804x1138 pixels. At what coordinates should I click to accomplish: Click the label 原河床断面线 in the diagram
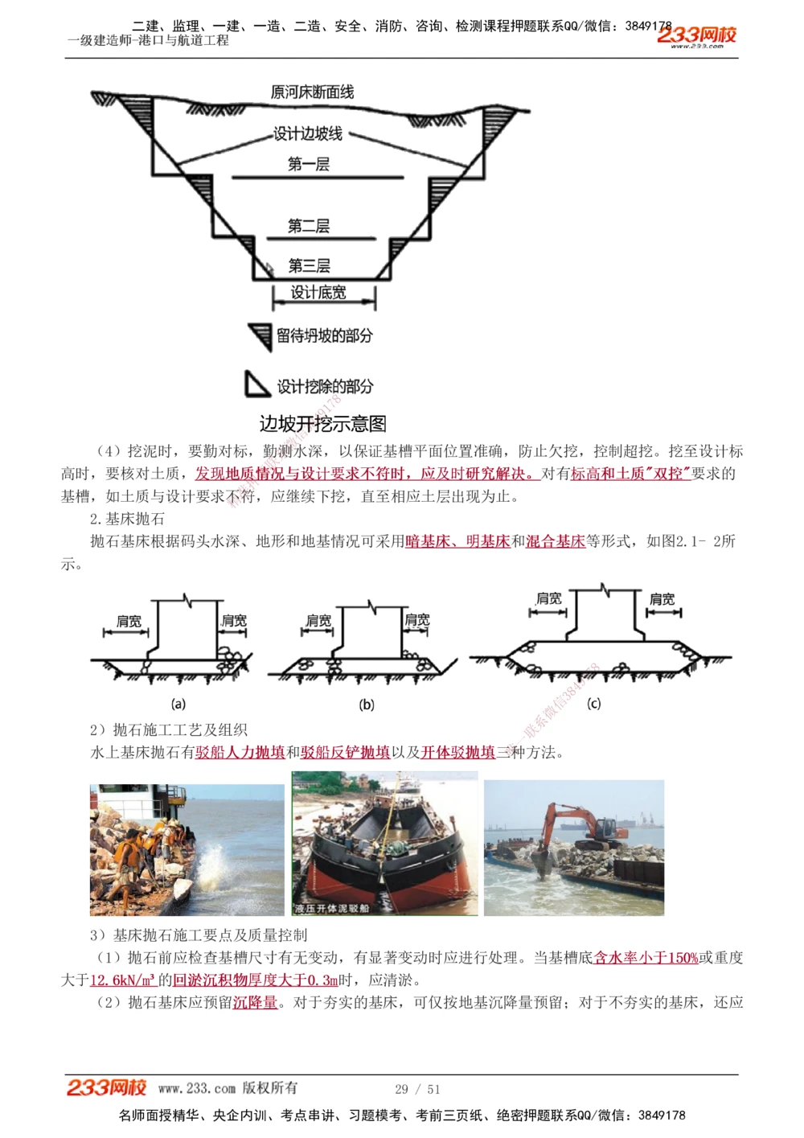(312, 92)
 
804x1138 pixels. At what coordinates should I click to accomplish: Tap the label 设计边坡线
(308, 134)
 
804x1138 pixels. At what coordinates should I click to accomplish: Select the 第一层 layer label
(309, 164)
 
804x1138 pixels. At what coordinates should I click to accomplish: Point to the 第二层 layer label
(309, 226)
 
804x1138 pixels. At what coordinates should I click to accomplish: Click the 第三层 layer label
(309, 265)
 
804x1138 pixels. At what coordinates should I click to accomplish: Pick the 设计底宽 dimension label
(318, 293)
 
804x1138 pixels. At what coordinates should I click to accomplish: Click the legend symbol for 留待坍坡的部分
(260, 336)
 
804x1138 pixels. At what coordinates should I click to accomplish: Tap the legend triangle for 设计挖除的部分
(256, 385)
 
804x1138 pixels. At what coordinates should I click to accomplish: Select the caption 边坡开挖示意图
(322, 424)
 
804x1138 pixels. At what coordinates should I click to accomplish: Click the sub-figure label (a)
(178, 704)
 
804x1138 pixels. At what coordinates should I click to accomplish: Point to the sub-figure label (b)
(367, 705)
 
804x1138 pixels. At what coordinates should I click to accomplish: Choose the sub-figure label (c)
(594, 704)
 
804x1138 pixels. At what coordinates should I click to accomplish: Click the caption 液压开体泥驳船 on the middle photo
(332, 908)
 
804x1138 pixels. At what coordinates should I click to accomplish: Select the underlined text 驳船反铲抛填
(345, 753)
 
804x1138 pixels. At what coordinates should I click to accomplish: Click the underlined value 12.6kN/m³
(122, 980)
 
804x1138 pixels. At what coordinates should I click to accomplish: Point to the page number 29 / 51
(417, 1089)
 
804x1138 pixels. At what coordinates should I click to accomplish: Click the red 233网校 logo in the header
(696, 35)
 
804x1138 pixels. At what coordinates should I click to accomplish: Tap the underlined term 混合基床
(555, 541)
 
